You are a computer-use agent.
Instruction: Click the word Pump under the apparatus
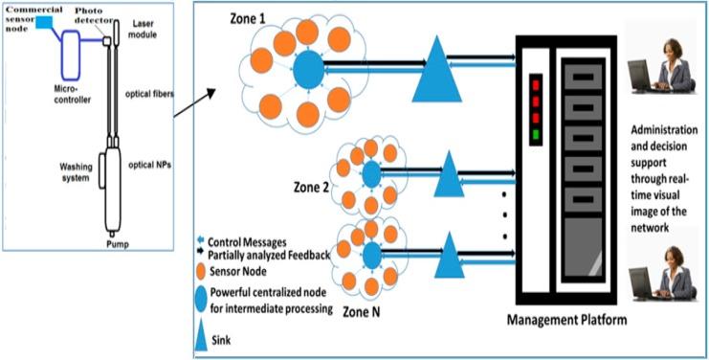coord(116,245)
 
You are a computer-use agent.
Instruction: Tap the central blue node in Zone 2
coord(369,174)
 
